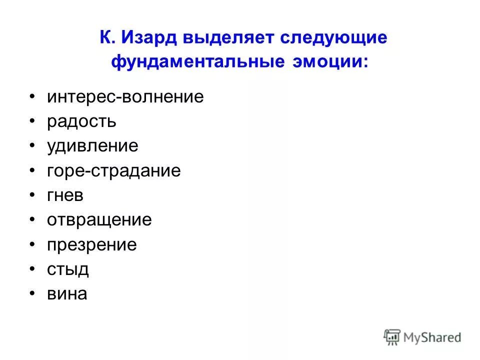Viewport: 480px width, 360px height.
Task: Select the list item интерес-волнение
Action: click(125, 96)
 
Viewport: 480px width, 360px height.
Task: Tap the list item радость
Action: click(82, 121)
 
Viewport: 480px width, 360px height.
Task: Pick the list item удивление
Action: click(92, 146)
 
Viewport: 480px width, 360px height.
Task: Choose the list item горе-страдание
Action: click(114, 171)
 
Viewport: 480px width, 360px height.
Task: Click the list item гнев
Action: click(65, 195)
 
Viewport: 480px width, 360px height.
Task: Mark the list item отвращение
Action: click(99, 220)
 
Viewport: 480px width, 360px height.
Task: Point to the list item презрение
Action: click(92, 245)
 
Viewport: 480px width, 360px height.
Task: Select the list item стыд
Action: click(68, 269)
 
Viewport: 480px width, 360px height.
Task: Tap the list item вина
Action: click(67, 294)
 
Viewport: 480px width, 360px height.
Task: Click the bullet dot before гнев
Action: click(32, 193)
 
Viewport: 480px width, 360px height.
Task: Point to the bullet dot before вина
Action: click(32, 292)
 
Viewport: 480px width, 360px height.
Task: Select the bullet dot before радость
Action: click(32, 119)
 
